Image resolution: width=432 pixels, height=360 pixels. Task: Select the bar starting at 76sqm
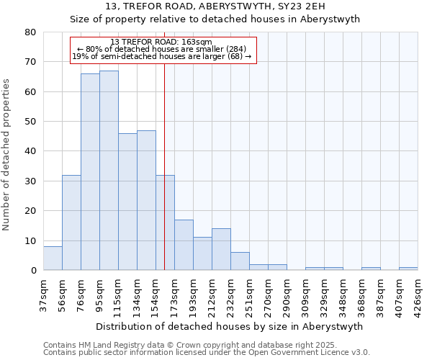90,172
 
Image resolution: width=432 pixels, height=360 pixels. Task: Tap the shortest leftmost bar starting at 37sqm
53,258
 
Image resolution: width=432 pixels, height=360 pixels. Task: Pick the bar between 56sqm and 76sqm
71,222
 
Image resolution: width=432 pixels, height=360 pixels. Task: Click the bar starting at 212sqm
221,249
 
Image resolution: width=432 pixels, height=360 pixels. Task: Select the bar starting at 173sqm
184,245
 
